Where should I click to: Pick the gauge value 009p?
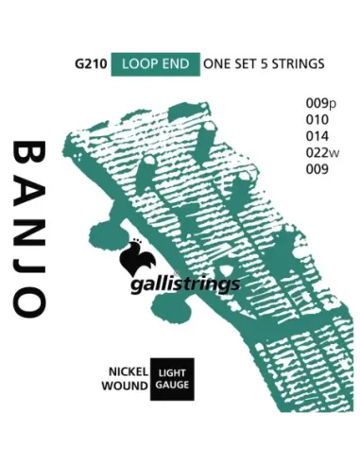pyautogui.click(x=307, y=102)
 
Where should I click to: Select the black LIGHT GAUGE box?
pyautogui.click(x=172, y=379)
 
